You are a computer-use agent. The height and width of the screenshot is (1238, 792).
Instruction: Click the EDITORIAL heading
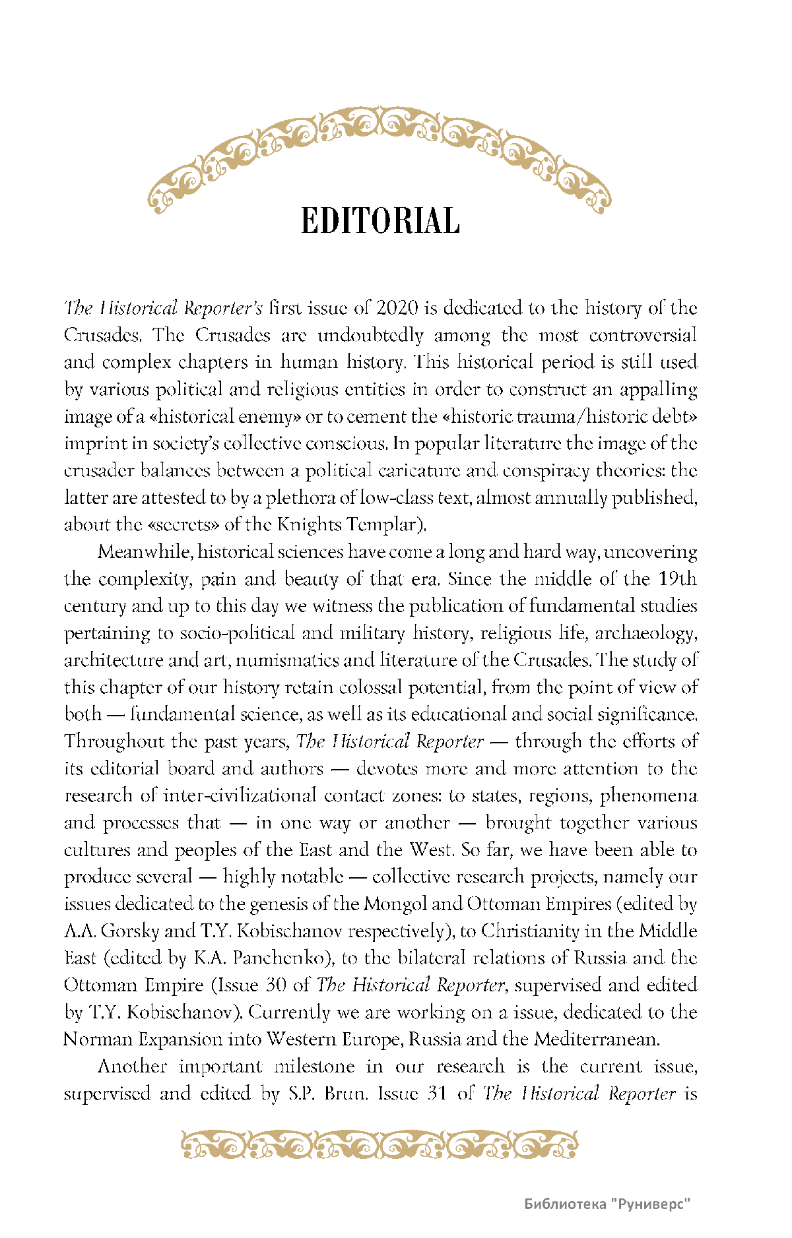[x=380, y=220]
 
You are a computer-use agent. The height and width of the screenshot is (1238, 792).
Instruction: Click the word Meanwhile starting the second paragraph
[x=145, y=552]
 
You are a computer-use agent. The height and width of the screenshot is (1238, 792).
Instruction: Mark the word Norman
[x=98, y=1039]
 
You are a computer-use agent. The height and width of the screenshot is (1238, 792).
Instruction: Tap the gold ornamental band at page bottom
[x=379, y=1146]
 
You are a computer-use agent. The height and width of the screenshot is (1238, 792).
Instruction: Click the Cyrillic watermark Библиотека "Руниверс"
[x=607, y=1204]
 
